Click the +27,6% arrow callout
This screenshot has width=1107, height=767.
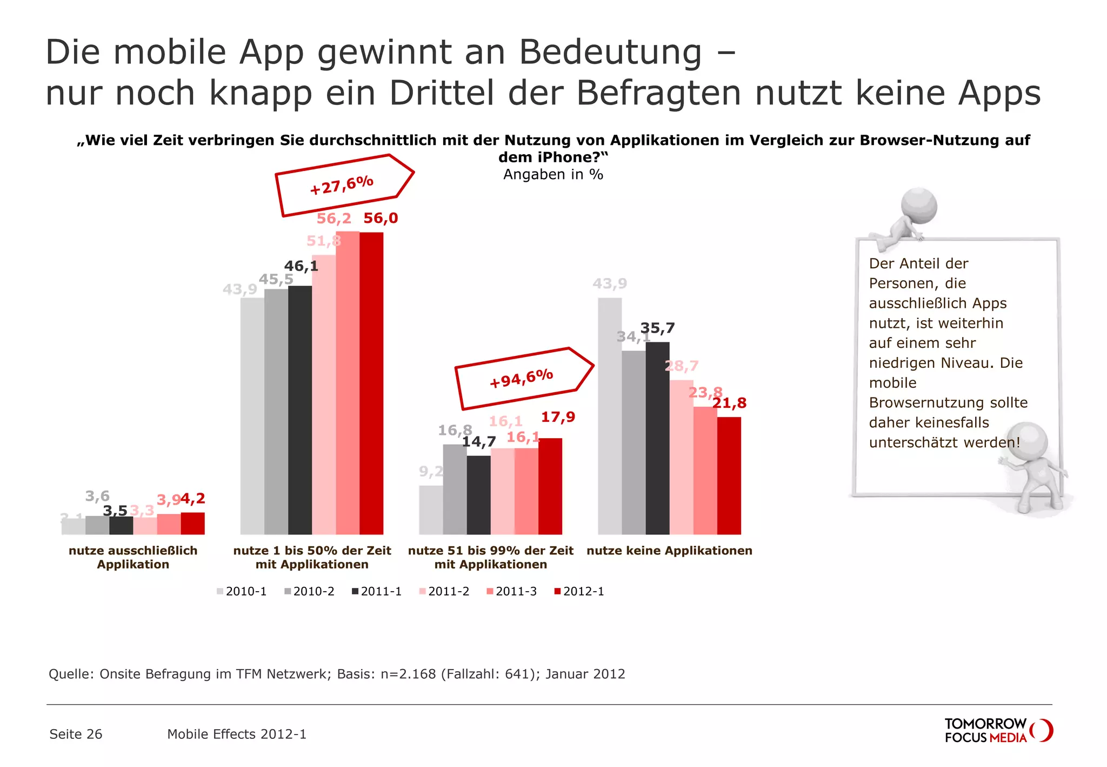(343, 186)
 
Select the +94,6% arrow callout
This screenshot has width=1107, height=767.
(523, 378)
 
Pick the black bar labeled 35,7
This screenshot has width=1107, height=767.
(657, 438)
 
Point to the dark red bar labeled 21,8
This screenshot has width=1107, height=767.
(729, 475)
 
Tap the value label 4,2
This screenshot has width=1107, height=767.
(193, 498)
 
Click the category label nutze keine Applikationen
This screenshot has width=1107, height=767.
(669, 551)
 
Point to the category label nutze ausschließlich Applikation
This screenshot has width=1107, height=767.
(133, 557)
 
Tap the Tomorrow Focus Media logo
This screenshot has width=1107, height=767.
(997, 730)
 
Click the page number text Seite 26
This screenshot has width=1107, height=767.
(76, 734)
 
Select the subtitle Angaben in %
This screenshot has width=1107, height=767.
(553, 174)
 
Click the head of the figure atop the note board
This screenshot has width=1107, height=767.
(919, 206)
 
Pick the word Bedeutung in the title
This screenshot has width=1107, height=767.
(610, 52)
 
